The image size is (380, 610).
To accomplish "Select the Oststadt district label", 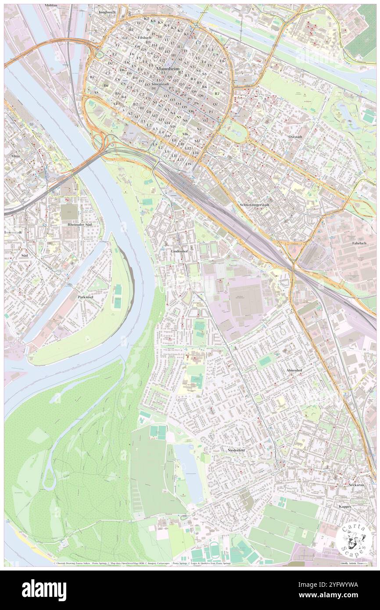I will (x=295, y=136).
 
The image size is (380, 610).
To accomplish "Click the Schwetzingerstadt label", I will (x=256, y=205).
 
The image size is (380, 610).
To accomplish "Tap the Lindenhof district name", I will (x=179, y=251).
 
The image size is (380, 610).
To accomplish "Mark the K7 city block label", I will (x=146, y=19).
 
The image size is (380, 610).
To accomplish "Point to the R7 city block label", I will (x=216, y=93).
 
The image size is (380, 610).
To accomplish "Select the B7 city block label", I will (x=92, y=77).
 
